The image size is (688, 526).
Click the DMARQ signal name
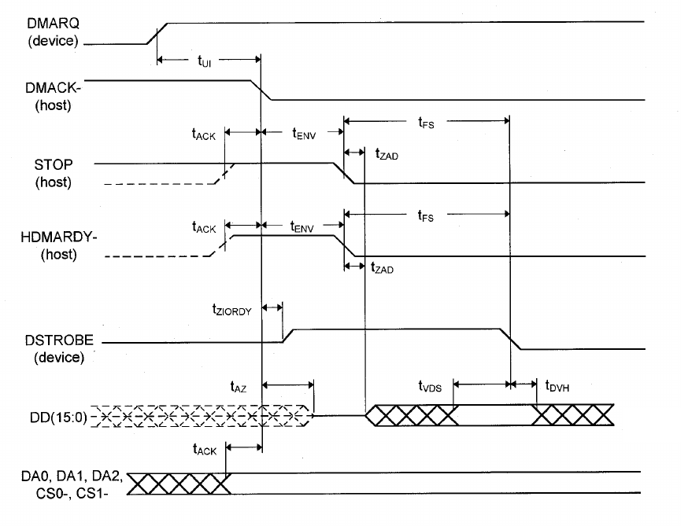53,24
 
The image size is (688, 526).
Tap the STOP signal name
53,166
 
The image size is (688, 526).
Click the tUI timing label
205,61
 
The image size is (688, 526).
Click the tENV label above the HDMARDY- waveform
303,229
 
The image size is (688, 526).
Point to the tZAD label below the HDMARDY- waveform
383,269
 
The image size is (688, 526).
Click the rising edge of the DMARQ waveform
157,33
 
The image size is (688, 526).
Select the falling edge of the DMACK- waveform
261,90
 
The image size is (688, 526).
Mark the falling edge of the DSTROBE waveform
511,340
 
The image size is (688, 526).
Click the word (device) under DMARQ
53,41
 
